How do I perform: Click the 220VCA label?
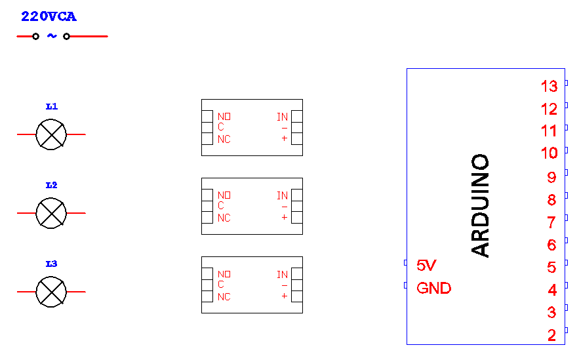click(49, 17)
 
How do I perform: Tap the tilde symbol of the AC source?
click(51, 37)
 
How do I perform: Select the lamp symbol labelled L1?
click(51, 134)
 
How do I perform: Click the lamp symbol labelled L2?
click(51, 213)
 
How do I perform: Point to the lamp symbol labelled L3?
click(51, 292)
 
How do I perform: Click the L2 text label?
click(51, 186)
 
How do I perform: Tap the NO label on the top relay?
click(224, 117)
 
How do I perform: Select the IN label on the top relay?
click(282, 117)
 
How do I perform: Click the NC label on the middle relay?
click(224, 218)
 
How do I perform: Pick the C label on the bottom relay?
click(221, 285)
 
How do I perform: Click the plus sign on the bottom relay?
click(284, 296)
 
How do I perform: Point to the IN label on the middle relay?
click(282, 195)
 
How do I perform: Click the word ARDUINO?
click(481, 205)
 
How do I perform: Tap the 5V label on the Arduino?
click(426, 266)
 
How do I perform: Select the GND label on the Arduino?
click(433, 288)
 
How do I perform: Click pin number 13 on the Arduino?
click(549, 86)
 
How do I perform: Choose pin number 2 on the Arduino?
click(551, 336)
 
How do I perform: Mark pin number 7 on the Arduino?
click(551, 222)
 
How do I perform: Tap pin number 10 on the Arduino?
click(549, 153)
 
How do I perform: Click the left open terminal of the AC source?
click(35, 37)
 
